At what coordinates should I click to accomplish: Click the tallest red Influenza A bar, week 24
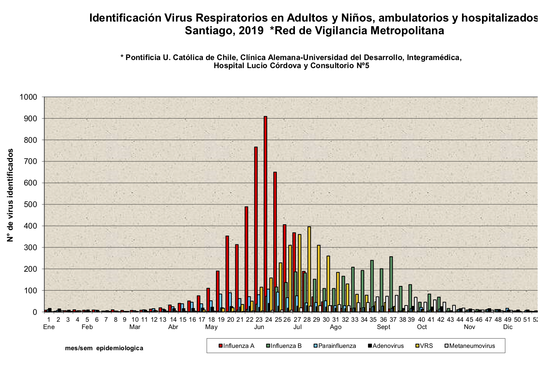click(265, 214)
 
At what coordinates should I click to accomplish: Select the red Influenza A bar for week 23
click(256, 229)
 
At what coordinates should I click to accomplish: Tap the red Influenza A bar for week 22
click(246, 259)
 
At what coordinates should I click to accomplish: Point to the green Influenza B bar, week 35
click(372, 286)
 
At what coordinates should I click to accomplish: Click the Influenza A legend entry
click(236, 346)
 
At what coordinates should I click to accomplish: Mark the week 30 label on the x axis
click(326, 319)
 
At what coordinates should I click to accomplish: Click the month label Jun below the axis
click(259, 327)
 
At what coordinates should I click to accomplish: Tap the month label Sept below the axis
click(383, 327)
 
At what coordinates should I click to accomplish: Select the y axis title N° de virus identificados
click(10, 195)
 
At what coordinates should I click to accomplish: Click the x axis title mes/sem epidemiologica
click(104, 348)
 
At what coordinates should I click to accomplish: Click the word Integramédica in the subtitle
click(434, 57)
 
